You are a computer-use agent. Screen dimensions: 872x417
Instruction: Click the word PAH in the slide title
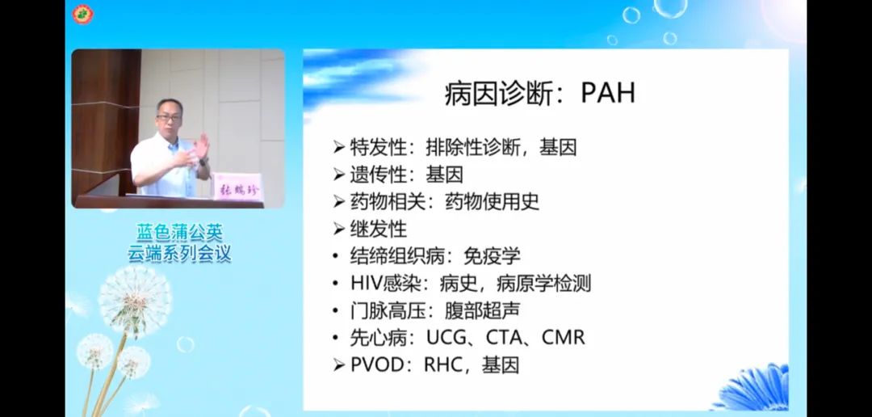pyautogui.click(x=608, y=93)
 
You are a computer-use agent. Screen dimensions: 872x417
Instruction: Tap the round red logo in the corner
pyautogui.click(x=83, y=14)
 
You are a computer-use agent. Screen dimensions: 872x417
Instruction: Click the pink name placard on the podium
pyautogui.click(x=238, y=186)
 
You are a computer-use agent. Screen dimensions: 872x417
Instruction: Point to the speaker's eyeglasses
pyautogui.click(x=169, y=117)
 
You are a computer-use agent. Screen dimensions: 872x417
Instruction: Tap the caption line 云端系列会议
pyautogui.click(x=179, y=253)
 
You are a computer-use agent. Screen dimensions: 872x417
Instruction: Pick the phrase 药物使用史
pyautogui.click(x=493, y=201)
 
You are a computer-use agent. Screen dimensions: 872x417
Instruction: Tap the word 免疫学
pyautogui.click(x=493, y=256)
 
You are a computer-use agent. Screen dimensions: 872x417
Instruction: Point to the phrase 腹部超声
pyautogui.click(x=483, y=310)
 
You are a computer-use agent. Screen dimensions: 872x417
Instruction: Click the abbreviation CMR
pyautogui.click(x=564, y=337)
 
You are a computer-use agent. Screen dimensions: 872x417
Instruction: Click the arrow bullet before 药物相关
pyautogui.click(x=338, y=202)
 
